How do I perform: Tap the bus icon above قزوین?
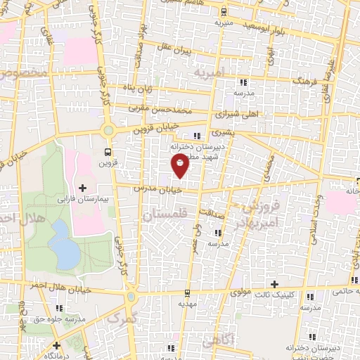[x=108, y=151]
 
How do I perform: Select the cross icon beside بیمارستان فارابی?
[x=84, y=187]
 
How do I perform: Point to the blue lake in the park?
[x=64, y=243]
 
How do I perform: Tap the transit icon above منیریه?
[x=224, y=11]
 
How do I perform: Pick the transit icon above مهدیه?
[x=186, y=293]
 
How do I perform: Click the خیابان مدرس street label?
[x=162, y=189]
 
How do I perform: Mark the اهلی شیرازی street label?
[x=217, y=112]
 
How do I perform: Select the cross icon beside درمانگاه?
[x=56, y=345]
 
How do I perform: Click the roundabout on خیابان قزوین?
[x=108, y=130]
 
